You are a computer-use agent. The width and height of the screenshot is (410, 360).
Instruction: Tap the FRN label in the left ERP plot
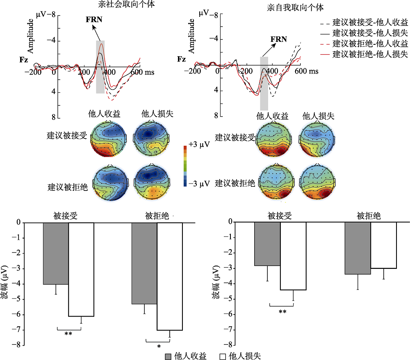pyautogui.click(x=94, y=19)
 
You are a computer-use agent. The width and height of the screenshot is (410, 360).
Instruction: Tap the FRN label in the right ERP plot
pyautogui.click(x=279, y=39)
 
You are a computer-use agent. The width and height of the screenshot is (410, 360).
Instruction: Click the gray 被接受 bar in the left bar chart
pyautogui.click(x=56, y=253)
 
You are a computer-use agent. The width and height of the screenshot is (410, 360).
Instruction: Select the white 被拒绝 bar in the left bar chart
pyautogui.click(x=169, y=276)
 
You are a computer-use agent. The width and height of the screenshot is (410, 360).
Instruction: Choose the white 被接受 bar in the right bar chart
pyautogui.click(x=293, y=256)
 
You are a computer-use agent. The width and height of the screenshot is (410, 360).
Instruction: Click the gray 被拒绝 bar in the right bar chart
pyautogui.click(x=358, y=248)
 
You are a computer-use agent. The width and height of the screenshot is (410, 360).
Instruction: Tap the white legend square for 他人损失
pyautogui.click(x=223, y=356)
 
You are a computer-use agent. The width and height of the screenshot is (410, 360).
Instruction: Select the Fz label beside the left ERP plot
pyautogui.click(x=24, y=60)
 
